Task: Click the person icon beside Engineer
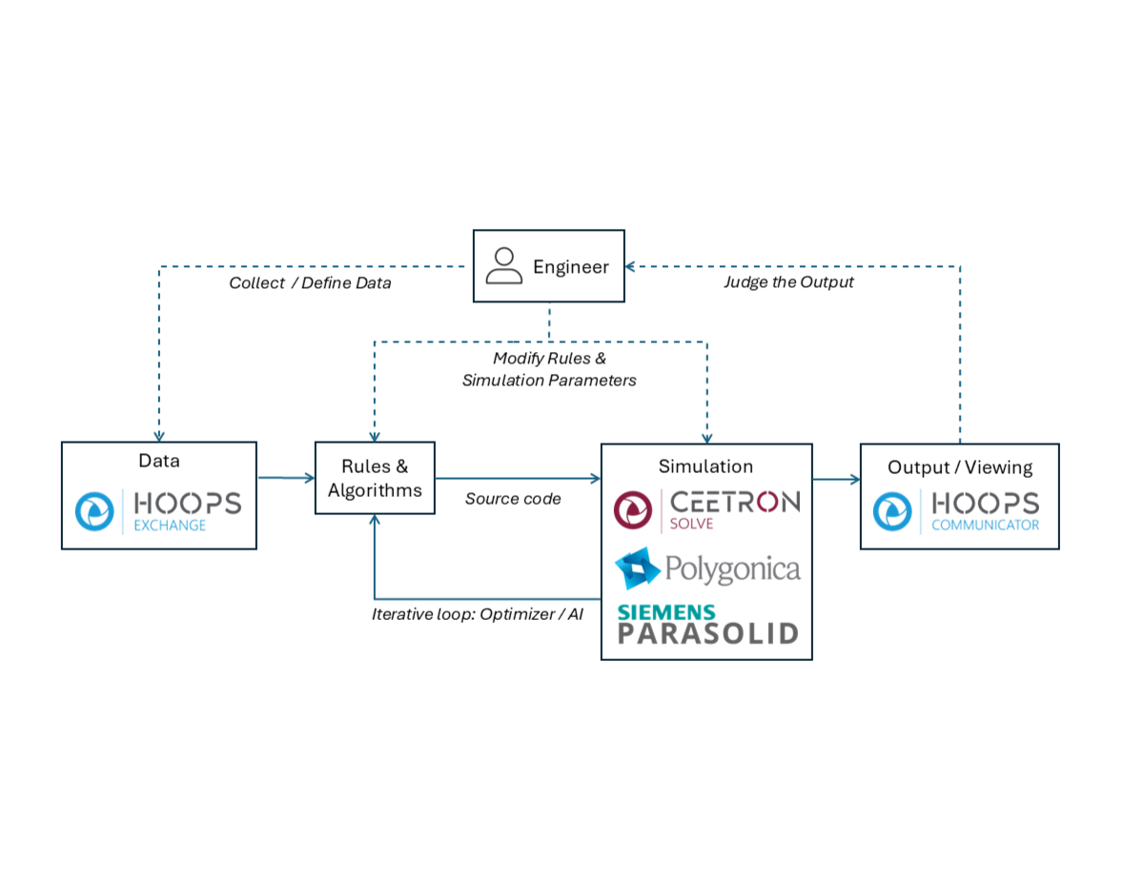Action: [x=503, y=266]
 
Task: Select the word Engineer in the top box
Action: [x=570, y=267]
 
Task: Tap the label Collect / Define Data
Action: [x=310, y=283]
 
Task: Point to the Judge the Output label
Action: [x=788, y=282]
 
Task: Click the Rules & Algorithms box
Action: [x=375, y=478]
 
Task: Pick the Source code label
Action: [x=513, y=499]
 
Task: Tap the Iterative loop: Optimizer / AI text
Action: [x=477, y=614]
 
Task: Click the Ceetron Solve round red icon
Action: [x=634, y=510]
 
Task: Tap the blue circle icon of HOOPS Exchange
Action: [x=95, y=510]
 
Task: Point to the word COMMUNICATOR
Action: [x=985, y=525]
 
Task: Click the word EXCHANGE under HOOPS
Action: [x=170, y=525]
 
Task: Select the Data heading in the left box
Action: [x=159, y=462]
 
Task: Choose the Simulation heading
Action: [x=705, y=466]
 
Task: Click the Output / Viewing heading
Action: [x=960, y=467]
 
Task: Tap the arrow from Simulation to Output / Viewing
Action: [x=836, y=479]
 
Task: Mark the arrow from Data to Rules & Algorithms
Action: [x=286, y=477]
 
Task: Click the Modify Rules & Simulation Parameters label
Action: [x=549, y=369]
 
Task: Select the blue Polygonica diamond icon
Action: [x=638, y=569]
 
